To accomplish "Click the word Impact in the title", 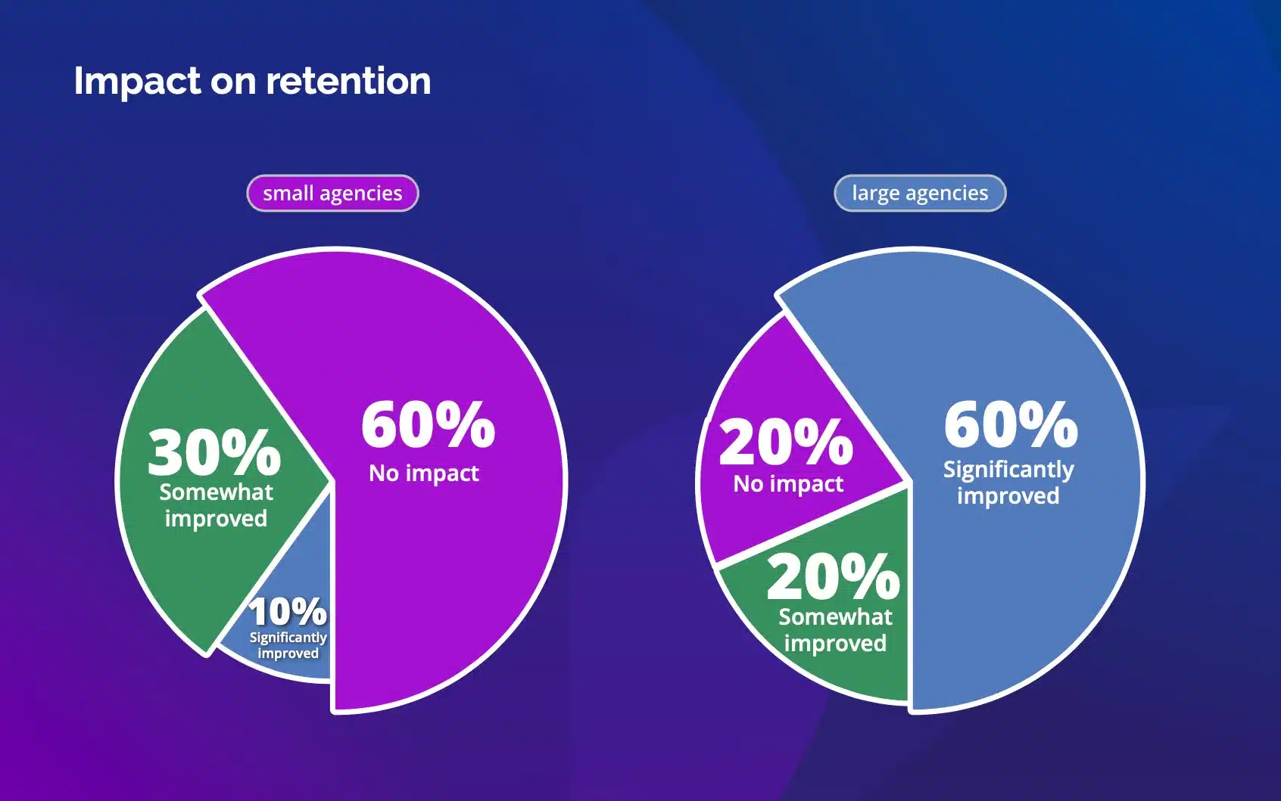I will [x=137, y=82].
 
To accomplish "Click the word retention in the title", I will [x=348, y=81].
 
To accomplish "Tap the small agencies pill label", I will [x=332, y=194].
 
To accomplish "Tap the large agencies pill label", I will [x=920, y=194].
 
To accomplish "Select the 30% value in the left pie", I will [x=214, y=452].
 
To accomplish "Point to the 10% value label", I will [x=288, y=611].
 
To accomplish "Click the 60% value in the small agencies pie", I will [x=428, y=425].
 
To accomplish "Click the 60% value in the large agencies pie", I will [x=1011, y=425].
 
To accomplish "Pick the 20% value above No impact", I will [x=785, y=442].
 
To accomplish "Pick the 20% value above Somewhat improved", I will [x=833, y=577].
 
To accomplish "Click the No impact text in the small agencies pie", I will [x=423, y=473].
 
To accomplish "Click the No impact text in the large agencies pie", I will [x=788, y=484].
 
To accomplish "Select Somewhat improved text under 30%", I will [x=216, y=505].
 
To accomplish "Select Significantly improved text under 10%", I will [x=288, y=645].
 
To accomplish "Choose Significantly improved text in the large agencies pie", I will [x=1008, y=483].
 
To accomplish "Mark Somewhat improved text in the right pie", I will [x=835, y=630].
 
